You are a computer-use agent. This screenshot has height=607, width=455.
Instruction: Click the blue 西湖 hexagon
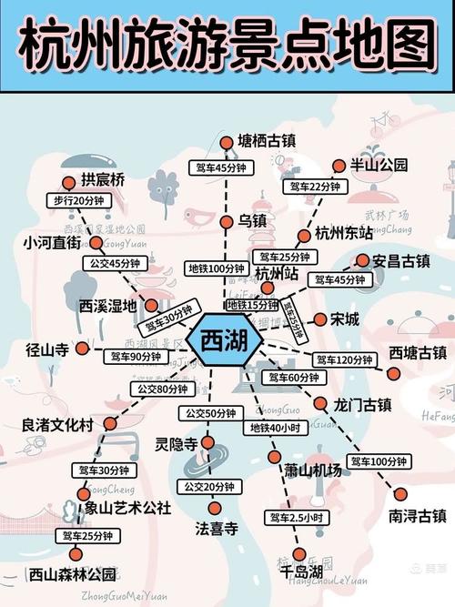point(224,343)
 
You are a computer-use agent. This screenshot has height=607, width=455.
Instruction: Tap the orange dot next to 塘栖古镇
point(227,141)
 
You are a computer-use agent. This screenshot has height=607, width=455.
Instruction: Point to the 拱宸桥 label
point(102,180)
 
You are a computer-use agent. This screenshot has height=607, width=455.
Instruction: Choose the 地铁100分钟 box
point(216,268)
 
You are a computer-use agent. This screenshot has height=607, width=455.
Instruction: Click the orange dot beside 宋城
point(320,319)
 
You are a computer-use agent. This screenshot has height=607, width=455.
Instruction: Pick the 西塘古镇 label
point(418,352)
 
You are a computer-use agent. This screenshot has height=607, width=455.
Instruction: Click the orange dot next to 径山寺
point(82,348)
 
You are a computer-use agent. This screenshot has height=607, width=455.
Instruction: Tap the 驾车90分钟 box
point(133,357)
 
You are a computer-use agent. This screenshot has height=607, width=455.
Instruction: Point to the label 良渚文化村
point(57,425)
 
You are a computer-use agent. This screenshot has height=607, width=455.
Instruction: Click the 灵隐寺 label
point(176,444)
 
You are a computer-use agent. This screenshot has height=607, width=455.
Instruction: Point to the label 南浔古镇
point(418,515)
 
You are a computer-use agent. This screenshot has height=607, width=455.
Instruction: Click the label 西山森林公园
point(72,574)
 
